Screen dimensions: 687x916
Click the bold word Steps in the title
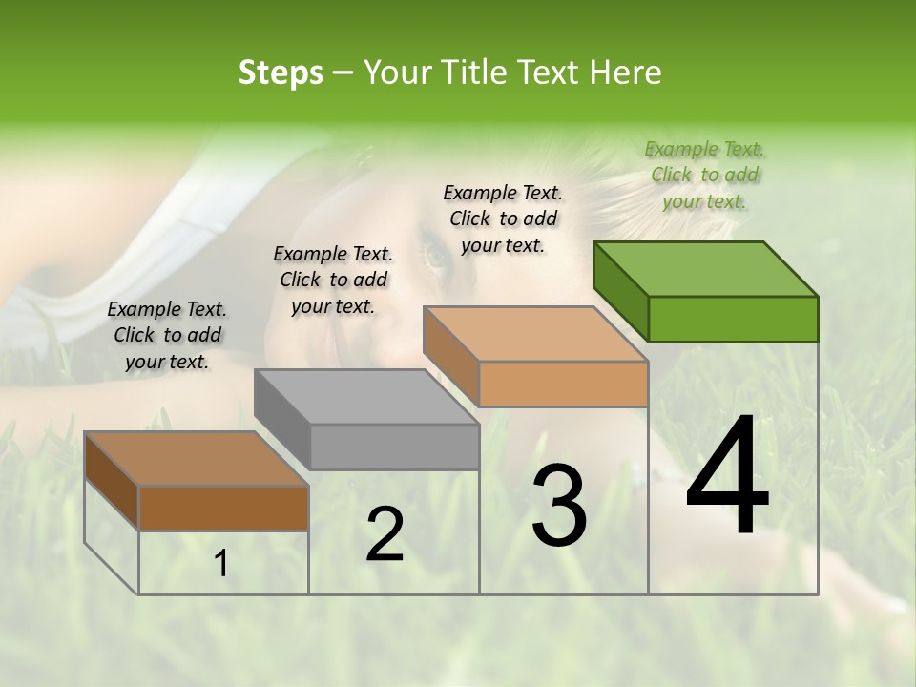[281, 73]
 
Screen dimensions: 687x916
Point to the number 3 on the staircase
[558, 506]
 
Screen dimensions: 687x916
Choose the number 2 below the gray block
[385, 534]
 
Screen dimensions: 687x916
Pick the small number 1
[221, 564]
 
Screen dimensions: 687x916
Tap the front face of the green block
[733, 319]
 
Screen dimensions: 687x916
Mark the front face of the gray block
[394, 447]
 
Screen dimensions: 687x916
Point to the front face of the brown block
[223, 508]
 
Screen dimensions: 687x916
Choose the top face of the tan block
[535, 334]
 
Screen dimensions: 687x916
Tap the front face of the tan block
[563, 384]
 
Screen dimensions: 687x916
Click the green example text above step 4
[704, 175]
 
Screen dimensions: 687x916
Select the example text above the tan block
[503, 219]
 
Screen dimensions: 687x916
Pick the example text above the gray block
[333, 280]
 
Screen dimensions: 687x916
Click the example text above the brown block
[167, 335]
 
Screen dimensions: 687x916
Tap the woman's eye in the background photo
[438, 256]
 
